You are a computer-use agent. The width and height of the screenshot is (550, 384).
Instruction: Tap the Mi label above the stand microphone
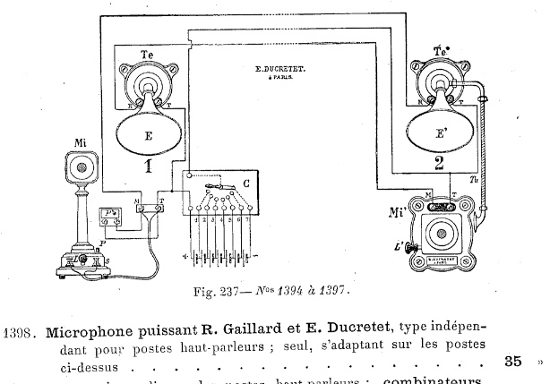coord(81,141)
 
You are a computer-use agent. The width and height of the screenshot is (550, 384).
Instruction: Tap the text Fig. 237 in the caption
coord(218,290)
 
